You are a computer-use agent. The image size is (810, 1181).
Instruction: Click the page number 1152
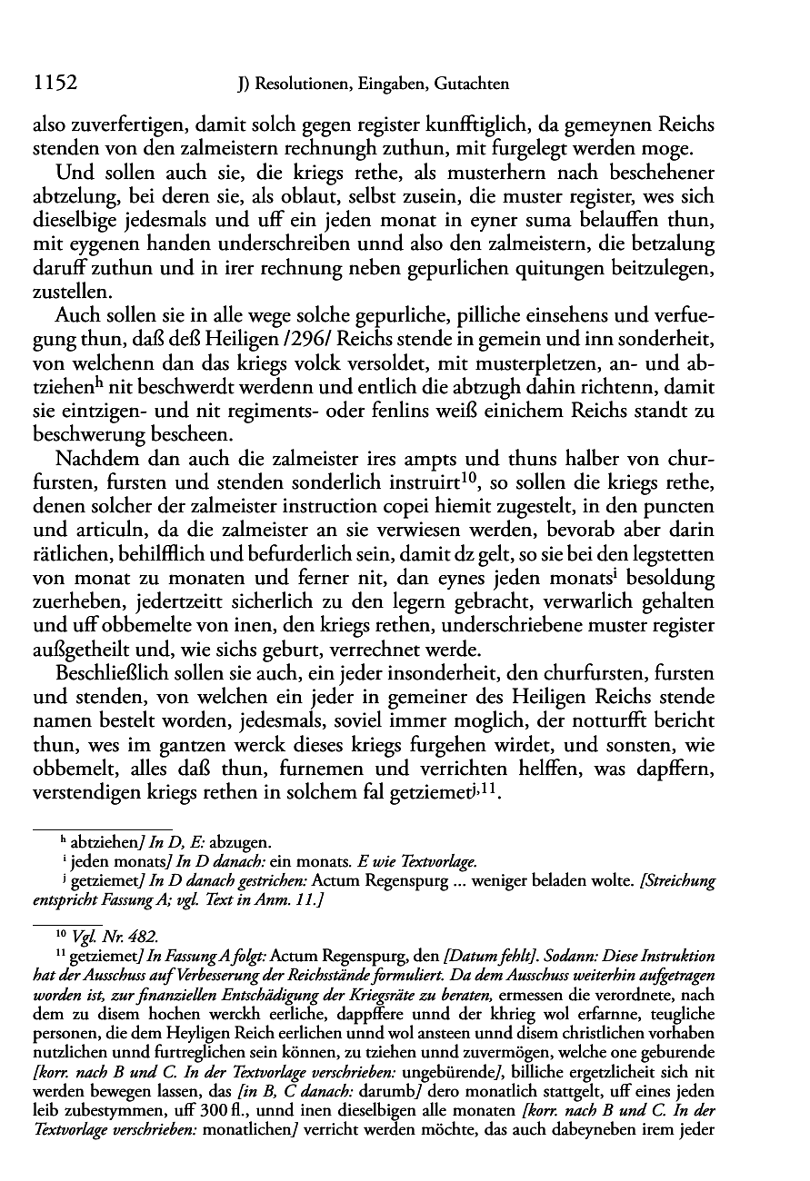point(53,84)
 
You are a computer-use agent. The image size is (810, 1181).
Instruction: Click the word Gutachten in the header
point(468,84)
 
